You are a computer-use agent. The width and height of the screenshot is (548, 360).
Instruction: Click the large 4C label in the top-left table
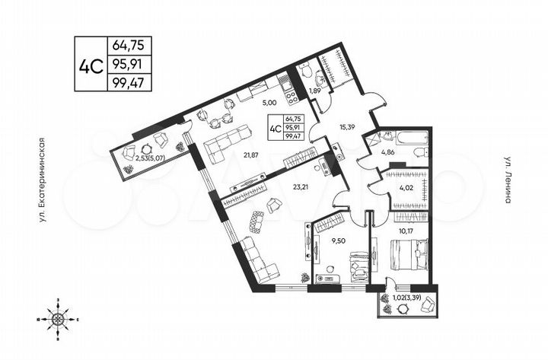[91, 64]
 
